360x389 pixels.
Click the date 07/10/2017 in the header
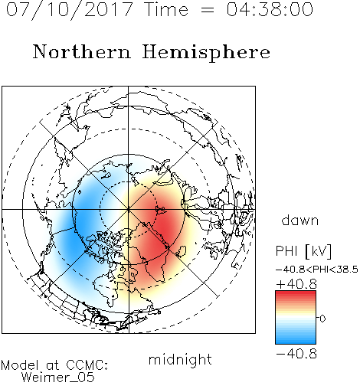[x=69, y=10]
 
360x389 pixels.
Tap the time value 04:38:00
[x=270, y=9]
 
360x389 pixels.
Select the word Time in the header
[x=166, y=9]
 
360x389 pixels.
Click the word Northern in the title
[x=82, y=51]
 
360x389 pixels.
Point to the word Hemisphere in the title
[x=206, y=53]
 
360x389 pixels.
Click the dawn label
[x=300, y=220]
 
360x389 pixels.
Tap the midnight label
[x=180, y=360]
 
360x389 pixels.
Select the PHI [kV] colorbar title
[x=303, y=251]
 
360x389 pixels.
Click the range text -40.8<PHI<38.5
[x=317, y=270]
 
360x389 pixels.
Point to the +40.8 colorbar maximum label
[x=296, y=284]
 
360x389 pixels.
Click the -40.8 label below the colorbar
[x=296, y=354]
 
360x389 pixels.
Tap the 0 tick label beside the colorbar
[x=322, y=319]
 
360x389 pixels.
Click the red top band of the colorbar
[x=296, y=295]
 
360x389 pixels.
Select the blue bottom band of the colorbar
[x=296, y=339]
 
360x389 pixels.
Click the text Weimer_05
[x=58, y=378]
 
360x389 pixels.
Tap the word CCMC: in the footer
[x=87, y=365]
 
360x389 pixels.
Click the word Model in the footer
[x=20, y=365]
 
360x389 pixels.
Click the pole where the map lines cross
[x=129, y=209]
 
